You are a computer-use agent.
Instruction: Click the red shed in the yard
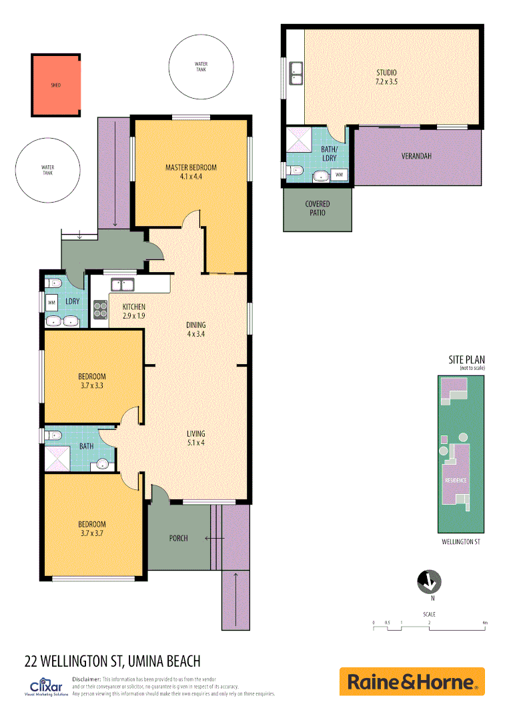click(56, 85)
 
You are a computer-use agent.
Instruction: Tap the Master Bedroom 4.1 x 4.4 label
click(191, 172)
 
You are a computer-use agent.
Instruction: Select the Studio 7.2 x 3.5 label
click(386, 77)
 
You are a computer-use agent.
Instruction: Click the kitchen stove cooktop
click(100, 310)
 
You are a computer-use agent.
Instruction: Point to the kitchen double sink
click(122, 285)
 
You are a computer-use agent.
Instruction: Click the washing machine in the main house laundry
click(51, 302)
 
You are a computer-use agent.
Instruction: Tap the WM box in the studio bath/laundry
click(339, 175)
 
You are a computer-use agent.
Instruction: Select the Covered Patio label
click(318, 208)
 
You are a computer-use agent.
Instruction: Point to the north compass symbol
click(428, 582)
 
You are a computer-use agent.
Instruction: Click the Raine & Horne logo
click(412, 681)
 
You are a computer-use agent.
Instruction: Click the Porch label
click(178, 538)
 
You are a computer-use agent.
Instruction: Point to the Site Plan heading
click(466, 360)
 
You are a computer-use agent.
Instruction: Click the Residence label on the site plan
click(456, 480)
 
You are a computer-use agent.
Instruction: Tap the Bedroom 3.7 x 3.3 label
click(92, 381)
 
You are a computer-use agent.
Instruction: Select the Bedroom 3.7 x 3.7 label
click(92, 529)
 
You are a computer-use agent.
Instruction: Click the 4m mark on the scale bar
click(485, 623)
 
